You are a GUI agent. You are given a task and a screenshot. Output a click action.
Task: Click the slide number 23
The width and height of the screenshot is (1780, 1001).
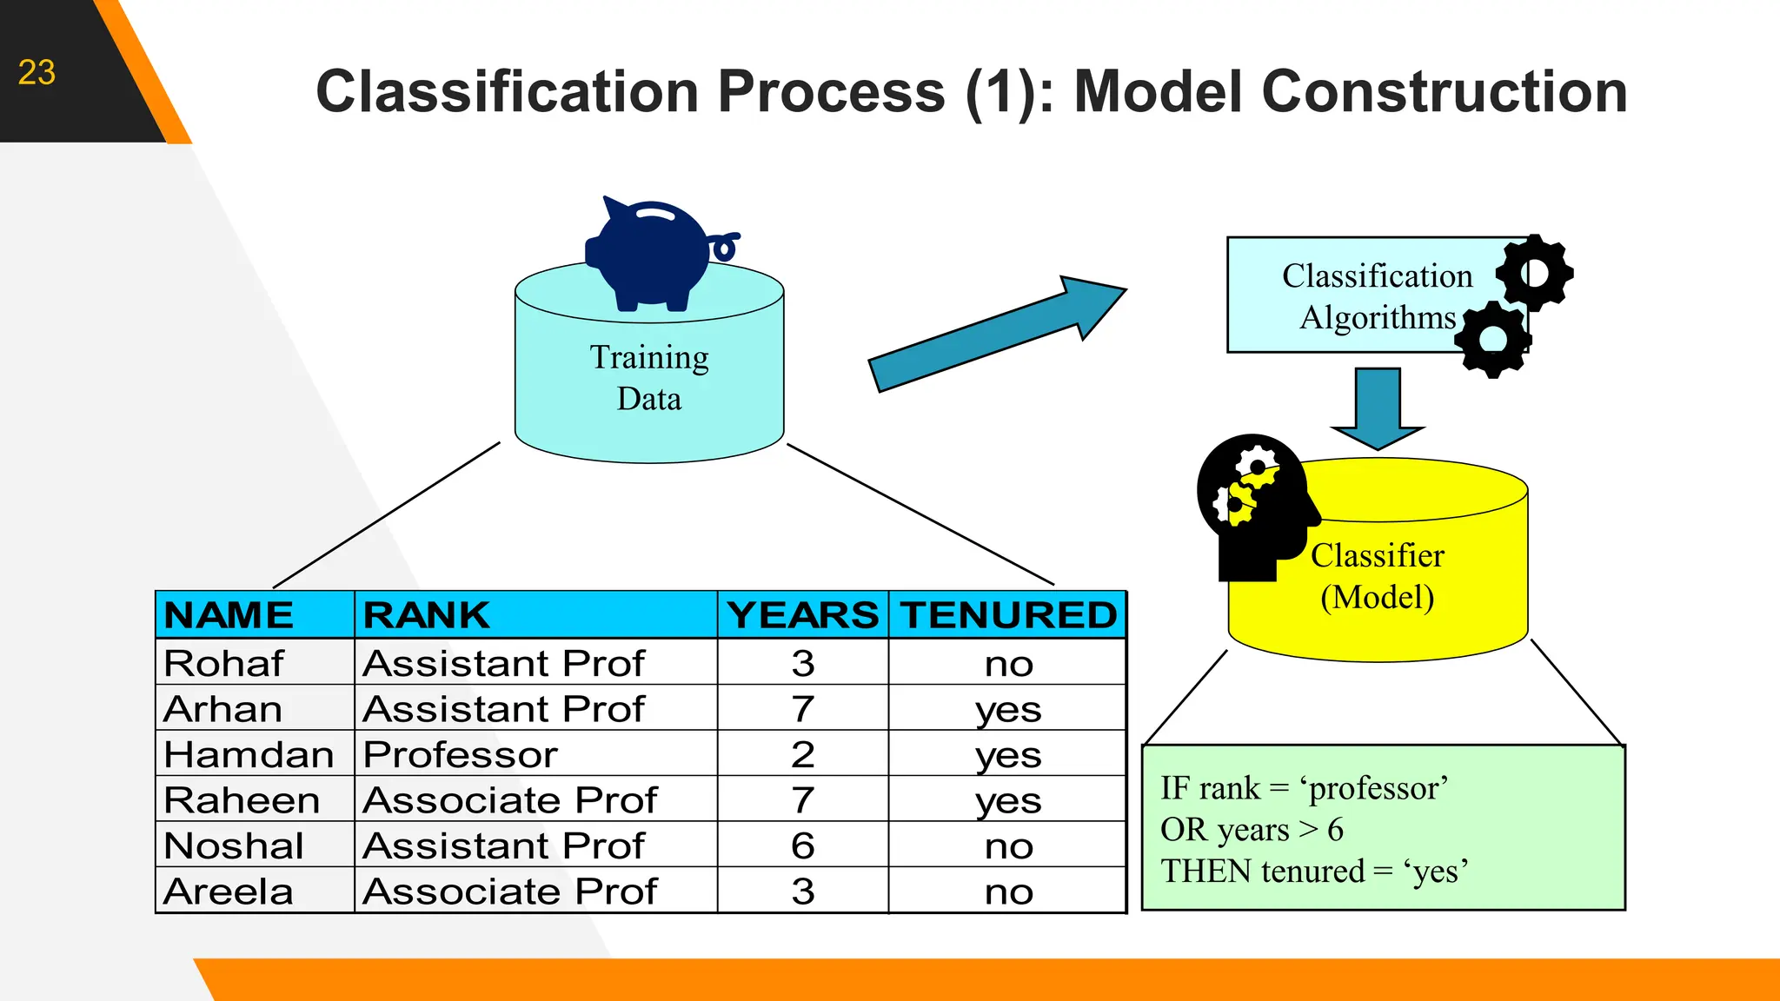tap(37, 73)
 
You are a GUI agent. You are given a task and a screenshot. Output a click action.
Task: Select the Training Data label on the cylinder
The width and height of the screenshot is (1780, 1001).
tap(649, 378)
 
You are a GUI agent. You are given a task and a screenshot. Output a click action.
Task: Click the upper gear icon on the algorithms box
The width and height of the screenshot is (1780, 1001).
tap(1535, 273)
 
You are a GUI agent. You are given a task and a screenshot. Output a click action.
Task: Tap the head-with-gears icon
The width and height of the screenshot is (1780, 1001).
tap(1252, 504)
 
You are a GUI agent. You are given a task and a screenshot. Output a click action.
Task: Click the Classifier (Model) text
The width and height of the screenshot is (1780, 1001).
tap(1377, 576)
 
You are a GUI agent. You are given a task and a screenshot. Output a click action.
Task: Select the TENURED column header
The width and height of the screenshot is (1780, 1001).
tap(1008, 615)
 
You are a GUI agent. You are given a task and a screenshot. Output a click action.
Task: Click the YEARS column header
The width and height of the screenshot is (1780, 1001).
tap(803, 615)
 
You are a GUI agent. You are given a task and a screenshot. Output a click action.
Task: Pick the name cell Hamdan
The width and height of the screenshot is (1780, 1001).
tap(249, 754)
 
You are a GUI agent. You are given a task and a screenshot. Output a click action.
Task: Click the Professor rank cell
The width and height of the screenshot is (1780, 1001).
tap(461, 754)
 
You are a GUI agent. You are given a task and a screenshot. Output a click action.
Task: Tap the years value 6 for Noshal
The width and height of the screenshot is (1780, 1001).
tap(803, 845)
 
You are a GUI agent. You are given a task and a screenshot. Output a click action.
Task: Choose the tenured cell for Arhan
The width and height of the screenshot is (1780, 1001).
tap(1008, 710)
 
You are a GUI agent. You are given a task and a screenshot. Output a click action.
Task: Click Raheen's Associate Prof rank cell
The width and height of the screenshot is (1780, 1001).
tap(510, 800)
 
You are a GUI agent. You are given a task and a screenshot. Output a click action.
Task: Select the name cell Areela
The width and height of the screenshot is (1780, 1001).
tap(229, 892)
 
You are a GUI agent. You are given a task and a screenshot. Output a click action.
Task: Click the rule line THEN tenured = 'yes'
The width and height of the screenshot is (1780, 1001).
tap(1314, 871)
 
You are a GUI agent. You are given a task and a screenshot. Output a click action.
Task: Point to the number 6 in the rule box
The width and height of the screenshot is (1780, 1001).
tap(1335, 830)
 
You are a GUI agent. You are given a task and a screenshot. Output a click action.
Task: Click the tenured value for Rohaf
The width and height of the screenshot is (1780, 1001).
tap(1008, 664)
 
